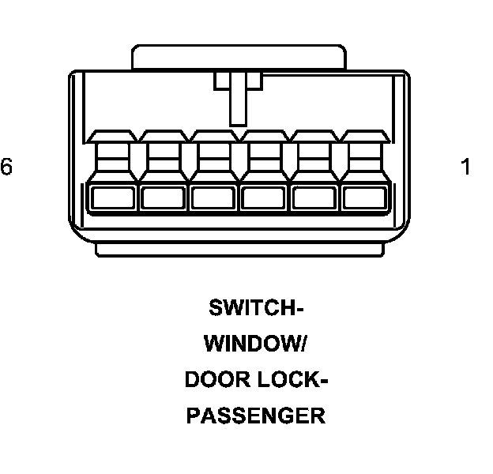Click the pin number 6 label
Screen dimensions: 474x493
click(7, 167)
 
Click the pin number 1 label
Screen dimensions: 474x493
click(465, 167)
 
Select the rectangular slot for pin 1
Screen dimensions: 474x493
click(365, 198)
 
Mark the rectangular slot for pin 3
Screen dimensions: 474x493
click(265, 198)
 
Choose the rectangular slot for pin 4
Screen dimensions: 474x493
click(214, 198)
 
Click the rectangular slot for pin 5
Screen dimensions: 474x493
click(164, 198)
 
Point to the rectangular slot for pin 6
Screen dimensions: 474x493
click(115, 198)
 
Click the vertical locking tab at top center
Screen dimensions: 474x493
click(238, 98)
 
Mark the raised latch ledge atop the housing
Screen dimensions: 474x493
click(239, 57)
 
